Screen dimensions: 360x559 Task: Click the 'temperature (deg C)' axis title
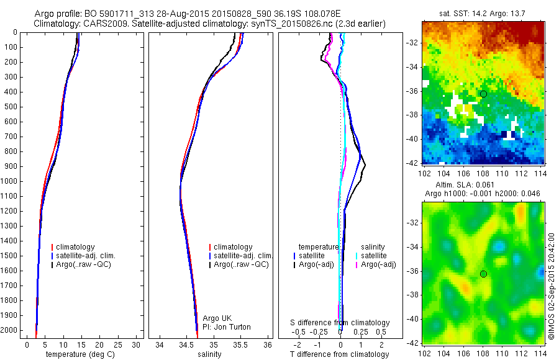click(x=78, y=354)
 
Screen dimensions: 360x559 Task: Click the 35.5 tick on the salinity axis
click(x=240, y=344)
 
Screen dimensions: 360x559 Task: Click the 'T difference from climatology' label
click(x=340, y=354)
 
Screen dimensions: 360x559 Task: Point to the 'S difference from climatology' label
click(x=340, y=323)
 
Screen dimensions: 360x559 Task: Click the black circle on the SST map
click(x=483, y=94)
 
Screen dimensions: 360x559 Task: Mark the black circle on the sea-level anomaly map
click(x=483, y=274)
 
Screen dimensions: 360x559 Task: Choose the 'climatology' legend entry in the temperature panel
click(x=74, y=247)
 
